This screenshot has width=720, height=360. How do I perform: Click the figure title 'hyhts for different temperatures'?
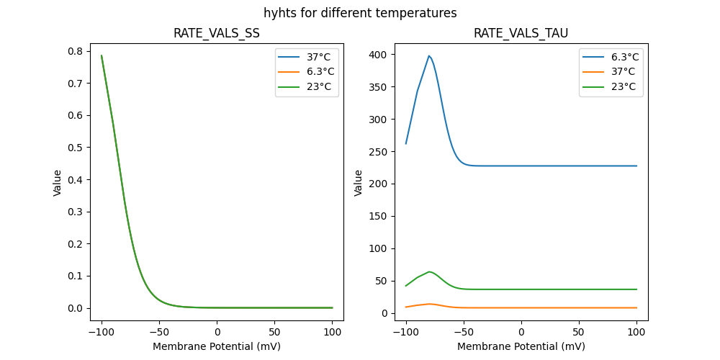click(360, 13)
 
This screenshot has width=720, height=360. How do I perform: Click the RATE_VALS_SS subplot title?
click(217, 33)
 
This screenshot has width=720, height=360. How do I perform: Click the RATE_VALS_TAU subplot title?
click(521, 33)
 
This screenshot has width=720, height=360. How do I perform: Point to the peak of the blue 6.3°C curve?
click(429, 55)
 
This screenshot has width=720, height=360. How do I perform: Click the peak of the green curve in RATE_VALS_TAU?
click(429, 271)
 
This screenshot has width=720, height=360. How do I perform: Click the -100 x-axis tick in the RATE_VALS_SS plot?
click(102, 332)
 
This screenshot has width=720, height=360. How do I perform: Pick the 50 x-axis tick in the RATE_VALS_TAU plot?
click(579, 332)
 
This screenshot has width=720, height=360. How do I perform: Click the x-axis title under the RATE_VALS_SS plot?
click(217, 346)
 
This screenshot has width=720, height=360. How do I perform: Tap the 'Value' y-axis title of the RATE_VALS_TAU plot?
click(358, 183)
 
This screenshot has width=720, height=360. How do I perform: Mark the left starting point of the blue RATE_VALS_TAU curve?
click(406, 143)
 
